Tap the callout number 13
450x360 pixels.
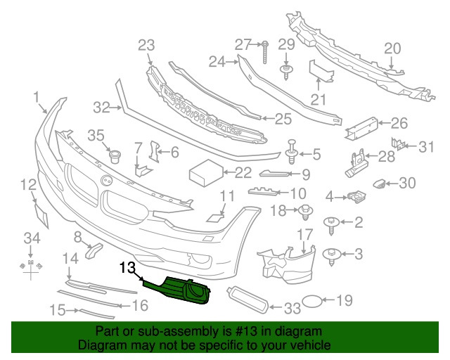127,267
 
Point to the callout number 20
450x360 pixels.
392,48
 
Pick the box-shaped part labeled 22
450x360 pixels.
204,172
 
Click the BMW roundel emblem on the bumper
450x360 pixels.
108,180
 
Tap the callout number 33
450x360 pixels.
292,307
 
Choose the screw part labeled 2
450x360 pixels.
330,224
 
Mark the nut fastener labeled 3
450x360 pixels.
330,254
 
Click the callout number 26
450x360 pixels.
399,124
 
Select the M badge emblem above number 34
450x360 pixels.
31,266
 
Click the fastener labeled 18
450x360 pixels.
306,210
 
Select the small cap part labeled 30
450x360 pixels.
380,184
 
